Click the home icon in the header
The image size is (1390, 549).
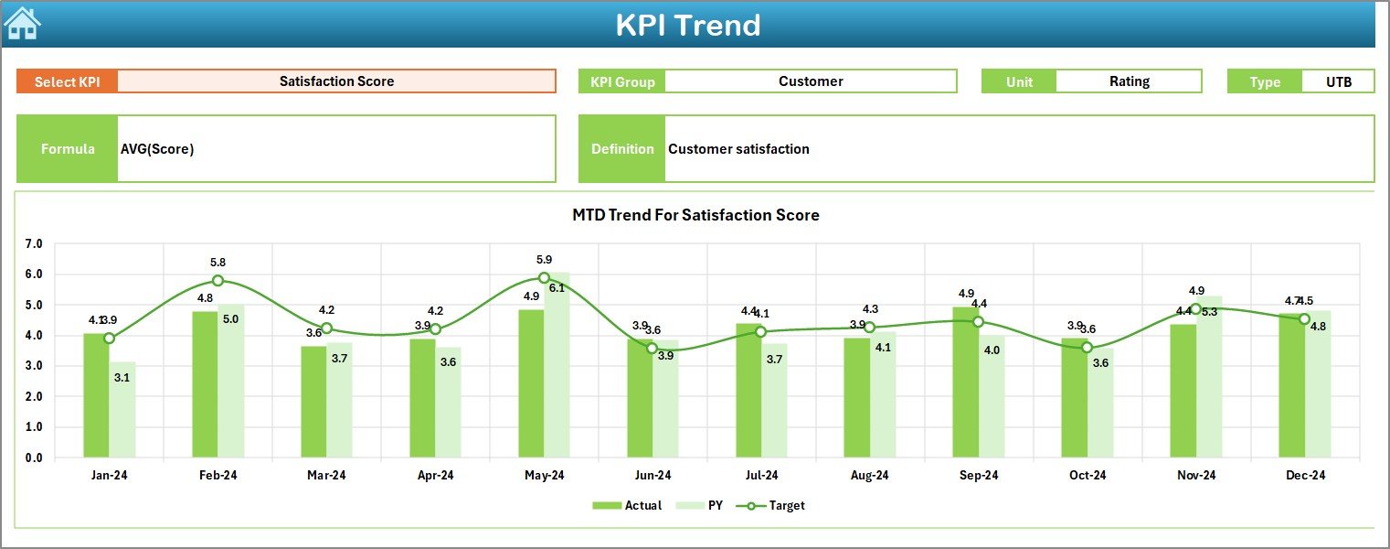click(x=22, y=24)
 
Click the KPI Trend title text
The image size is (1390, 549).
click(x=687, y=25)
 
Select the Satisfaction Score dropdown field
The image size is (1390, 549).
click(x=336, y=81)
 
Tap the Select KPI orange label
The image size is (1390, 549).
click(x=68, y=81)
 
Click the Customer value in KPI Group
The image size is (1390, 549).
click(x=811, y=81)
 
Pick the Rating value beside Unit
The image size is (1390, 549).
click(x=1129, y=81)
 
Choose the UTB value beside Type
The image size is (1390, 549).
click(x=1338, y=81)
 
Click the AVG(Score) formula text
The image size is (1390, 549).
click(x=157, y=149)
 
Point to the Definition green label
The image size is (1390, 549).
click(x=622, y=149)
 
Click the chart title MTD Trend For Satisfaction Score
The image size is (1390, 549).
click(x=695, y=215)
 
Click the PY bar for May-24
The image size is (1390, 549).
click(x=557, y=366)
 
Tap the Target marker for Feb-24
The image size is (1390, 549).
click(x=218, y=281)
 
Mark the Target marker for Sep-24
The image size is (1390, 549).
click(x=978, y=322)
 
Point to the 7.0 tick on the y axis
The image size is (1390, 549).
click(x=34, y=244)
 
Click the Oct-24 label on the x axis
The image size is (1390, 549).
click(x=1087, y=475)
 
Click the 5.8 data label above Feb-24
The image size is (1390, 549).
click(x=218, y=263)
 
